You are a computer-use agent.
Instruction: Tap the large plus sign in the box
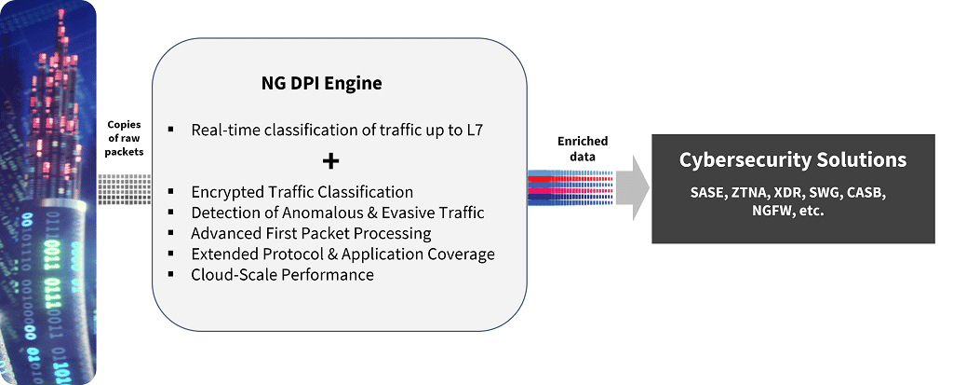coord(329,161)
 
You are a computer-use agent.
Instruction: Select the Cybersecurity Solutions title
coord(792,160)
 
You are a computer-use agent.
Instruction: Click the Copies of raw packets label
coord(126,138)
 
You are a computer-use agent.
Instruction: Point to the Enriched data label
coord(583,148)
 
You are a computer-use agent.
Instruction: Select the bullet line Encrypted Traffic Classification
coord(302,192)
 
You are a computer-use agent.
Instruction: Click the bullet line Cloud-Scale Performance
coord(282,274)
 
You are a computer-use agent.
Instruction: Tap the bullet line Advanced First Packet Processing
coord(311,233)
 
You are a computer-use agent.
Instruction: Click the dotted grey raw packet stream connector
coord(126,188)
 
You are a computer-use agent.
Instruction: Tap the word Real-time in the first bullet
coord(224,130)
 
